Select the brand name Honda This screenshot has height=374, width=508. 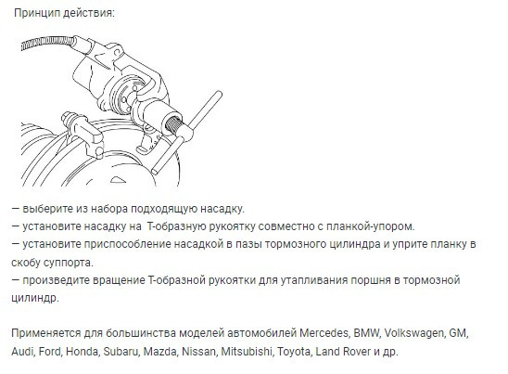tap(100, 353)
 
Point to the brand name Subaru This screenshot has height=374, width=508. tap(146, 353)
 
